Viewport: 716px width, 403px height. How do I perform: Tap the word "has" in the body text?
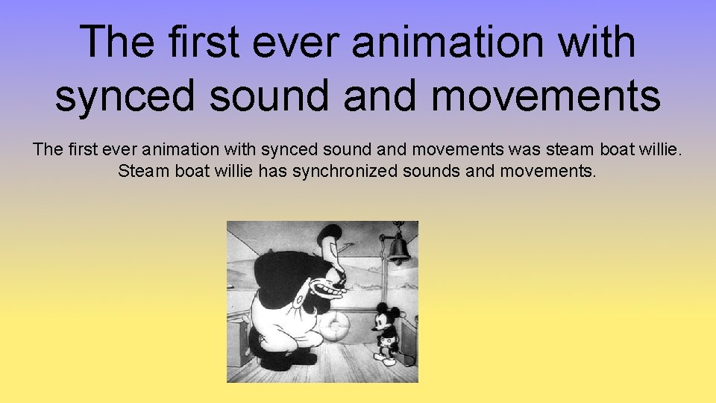[272, 172]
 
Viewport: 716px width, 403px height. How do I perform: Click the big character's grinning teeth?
[326, 287]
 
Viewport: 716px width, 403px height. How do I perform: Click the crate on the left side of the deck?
[240, 340]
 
